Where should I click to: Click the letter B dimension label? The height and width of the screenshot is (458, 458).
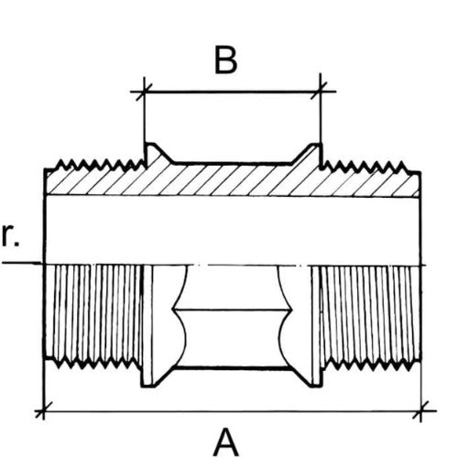click(225, 60)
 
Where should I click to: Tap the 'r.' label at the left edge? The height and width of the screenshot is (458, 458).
click(10, 235)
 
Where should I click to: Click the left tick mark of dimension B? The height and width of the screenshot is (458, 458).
click(144, 92)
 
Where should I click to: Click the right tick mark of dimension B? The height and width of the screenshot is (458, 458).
click(320, 91)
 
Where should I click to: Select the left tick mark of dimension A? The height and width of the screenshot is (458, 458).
click(43, 410)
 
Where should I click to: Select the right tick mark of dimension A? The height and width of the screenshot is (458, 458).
click(421, 410)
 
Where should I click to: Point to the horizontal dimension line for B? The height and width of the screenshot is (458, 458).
click(233, 92)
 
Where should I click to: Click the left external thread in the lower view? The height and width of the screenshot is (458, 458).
click(93, 314)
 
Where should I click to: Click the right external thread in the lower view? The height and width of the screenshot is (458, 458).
click(369, 314)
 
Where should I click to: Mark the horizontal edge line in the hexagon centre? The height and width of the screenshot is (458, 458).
click(231, 310)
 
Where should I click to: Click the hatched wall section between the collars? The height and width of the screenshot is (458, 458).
click(231, 180)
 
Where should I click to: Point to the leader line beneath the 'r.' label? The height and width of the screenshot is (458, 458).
click(20, 262)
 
